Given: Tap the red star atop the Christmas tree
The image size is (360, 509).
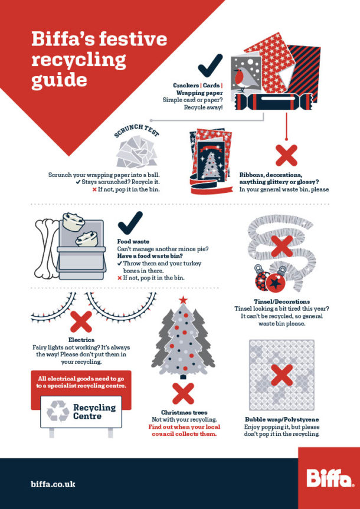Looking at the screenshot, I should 183,300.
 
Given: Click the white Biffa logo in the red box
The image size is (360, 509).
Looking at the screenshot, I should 328,477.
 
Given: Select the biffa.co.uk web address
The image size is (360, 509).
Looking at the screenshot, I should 53,484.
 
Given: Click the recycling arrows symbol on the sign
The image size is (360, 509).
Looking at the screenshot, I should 58,411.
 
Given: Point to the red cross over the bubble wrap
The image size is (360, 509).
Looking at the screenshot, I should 282,376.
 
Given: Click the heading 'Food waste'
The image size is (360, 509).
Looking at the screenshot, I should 133,241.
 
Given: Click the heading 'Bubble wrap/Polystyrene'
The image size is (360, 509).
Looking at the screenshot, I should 282,419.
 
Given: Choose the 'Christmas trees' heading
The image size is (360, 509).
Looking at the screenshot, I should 182,412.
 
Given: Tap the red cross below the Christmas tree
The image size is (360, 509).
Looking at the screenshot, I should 183,392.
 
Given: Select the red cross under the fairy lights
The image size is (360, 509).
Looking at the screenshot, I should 81,322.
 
